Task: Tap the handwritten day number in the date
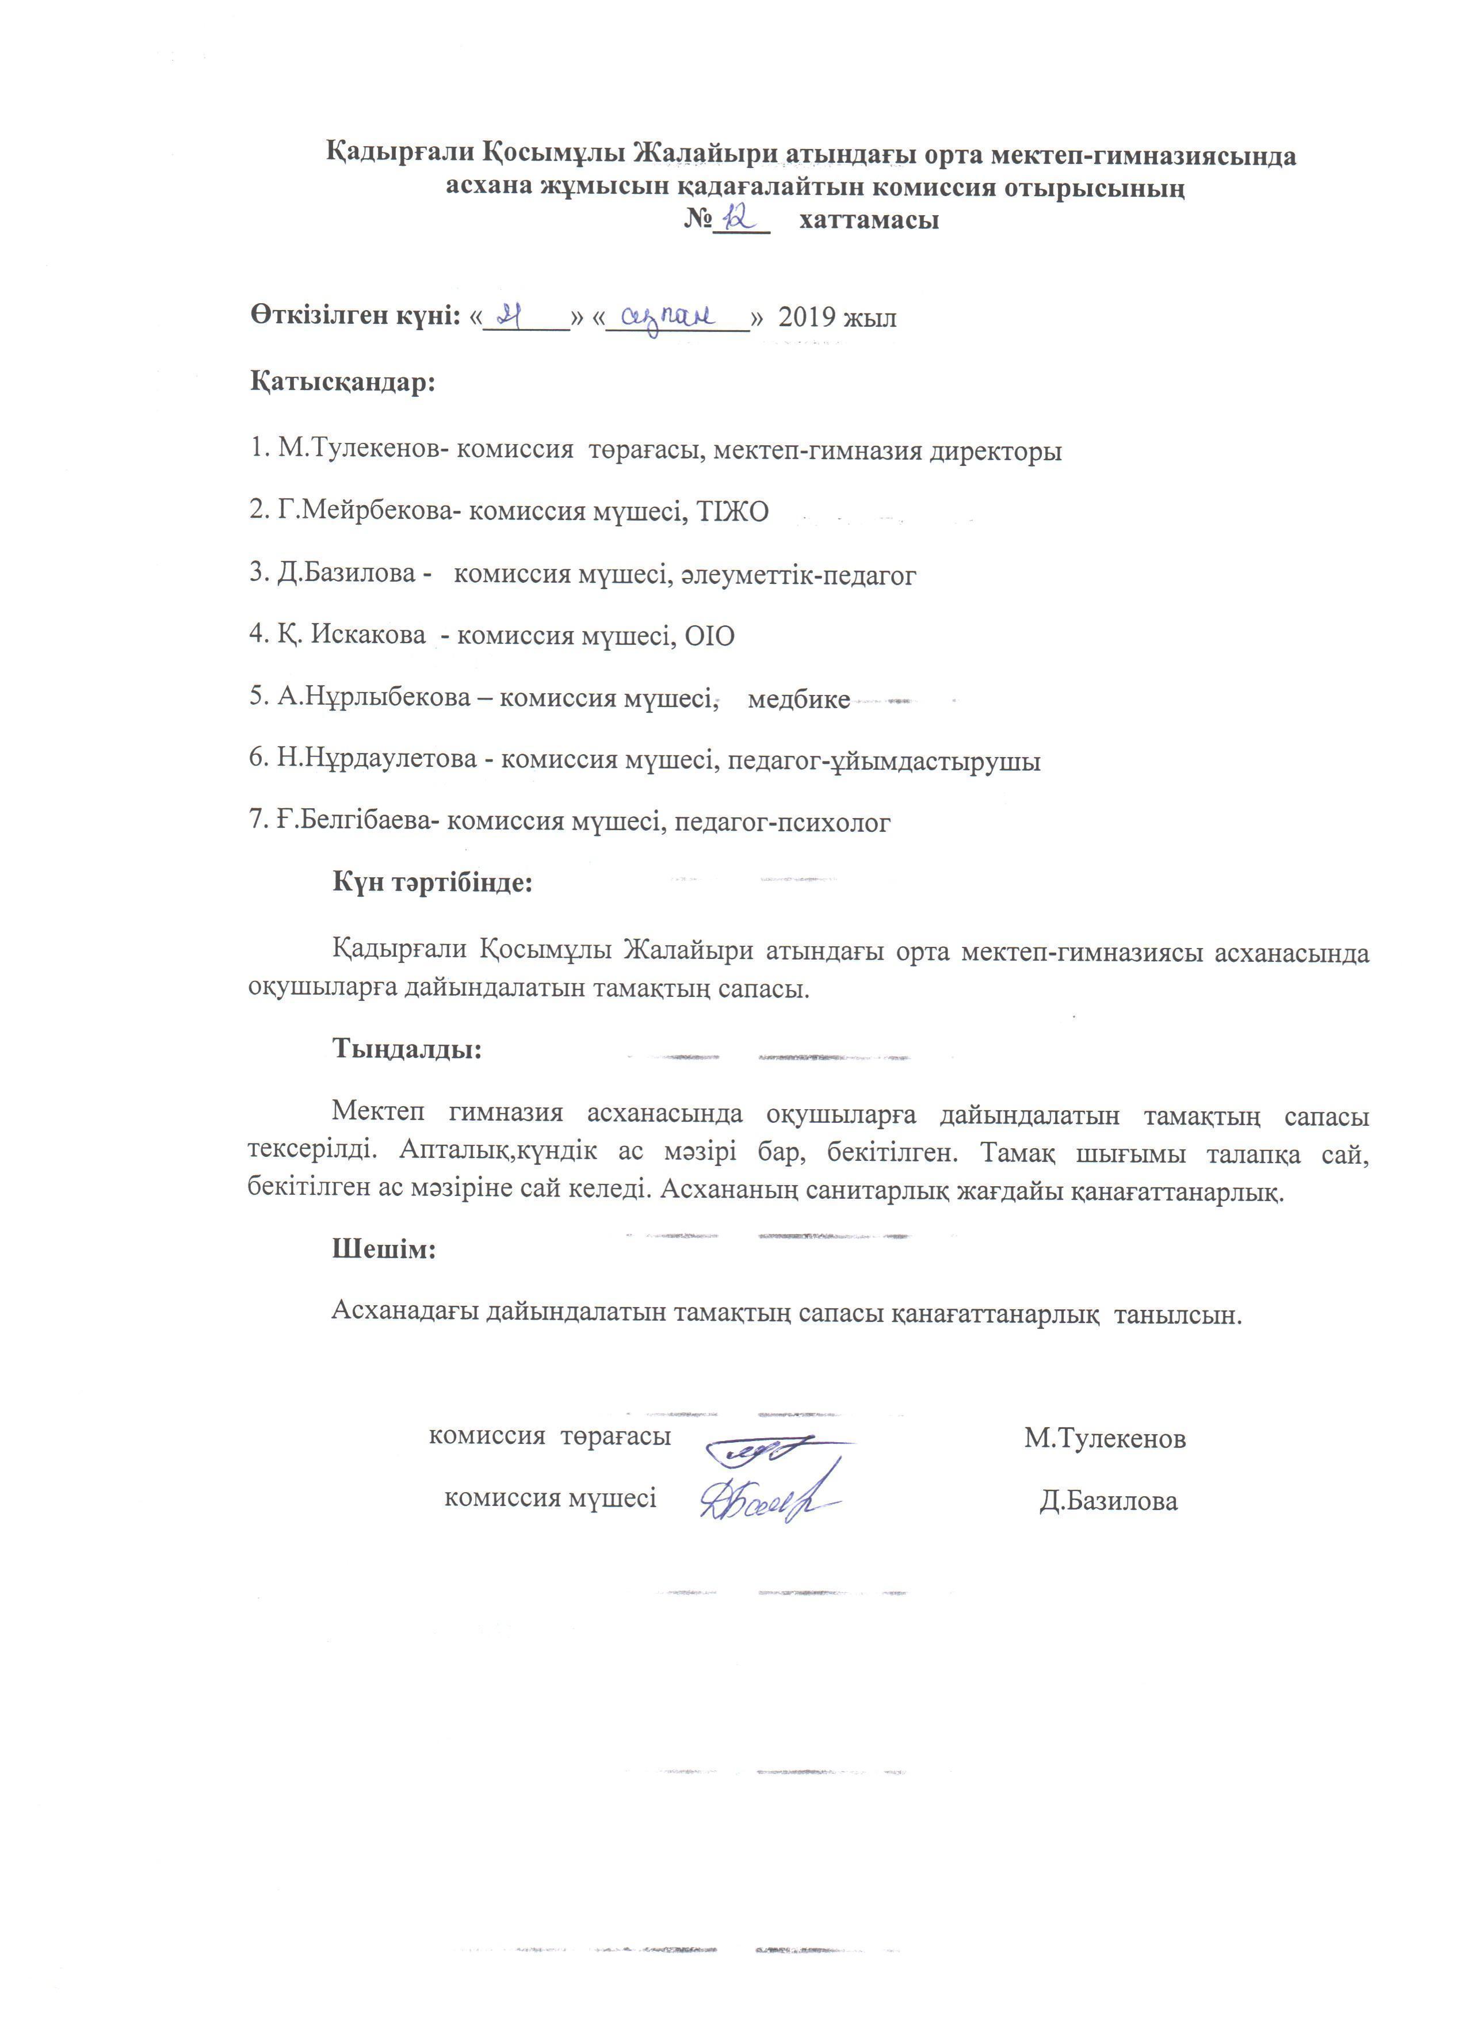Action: pyautogui.click(x=510, y=315)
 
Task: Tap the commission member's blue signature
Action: pyautogui.click(x=767, y=1503)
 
